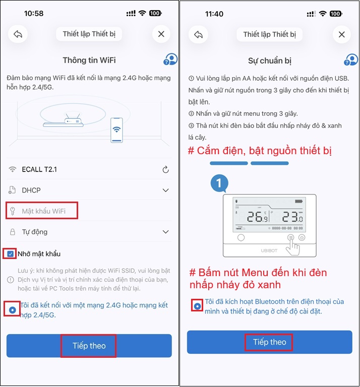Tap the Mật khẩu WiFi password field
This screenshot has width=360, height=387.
[x=43, y=211]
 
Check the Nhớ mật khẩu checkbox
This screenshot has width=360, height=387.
[x=11, y=253]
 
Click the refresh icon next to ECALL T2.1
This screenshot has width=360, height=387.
[x=165, y=170]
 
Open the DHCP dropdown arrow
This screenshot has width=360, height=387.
[x=165, y=190]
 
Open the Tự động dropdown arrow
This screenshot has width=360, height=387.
[x=165, y=232]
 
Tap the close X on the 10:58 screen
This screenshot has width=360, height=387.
[x=161, y=34]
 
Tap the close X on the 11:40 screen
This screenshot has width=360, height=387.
[x=342, y=34]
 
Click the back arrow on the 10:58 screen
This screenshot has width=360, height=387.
[x=18, y=34]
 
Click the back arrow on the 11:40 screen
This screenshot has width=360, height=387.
[x=199, y=34]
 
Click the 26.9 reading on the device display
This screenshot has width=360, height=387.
[x=258, y=218]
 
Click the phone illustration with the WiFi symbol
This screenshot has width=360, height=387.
[x=116, y=130]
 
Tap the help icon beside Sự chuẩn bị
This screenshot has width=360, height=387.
[x=351, y=60]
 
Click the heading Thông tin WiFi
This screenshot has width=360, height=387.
[x=89, y=60]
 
